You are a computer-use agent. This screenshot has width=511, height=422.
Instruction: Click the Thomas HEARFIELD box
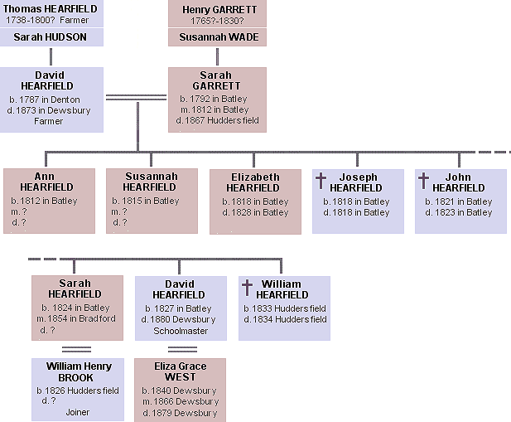click(x=51, y=14)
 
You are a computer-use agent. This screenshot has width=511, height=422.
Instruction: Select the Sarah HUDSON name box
click(x=51, y=37)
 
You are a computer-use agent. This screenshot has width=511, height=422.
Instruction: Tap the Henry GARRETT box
click(x=217, y=14)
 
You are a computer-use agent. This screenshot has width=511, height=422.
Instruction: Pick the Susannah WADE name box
click(x=217, y=37)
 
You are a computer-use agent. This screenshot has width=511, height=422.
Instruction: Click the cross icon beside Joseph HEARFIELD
click(x=321, y=182)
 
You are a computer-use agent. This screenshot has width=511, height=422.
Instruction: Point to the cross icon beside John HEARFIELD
click(x=423, y=182)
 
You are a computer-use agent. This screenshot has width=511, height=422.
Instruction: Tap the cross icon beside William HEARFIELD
click(x=246, y=288)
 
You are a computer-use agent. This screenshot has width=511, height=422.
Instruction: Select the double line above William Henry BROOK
click(x=76, y=349)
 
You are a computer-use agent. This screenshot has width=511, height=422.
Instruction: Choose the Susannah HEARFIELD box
click(x=152, y=200)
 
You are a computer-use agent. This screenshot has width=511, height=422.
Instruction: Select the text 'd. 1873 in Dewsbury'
click(x=52, y=110)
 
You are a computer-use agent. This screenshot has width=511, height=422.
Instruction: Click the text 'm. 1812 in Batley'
click(x=217, y=109)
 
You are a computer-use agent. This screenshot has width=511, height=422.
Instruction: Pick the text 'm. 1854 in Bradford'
click(x=76, y=318)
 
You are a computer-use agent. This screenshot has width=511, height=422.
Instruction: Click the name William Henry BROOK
click(x=76, y=371)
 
